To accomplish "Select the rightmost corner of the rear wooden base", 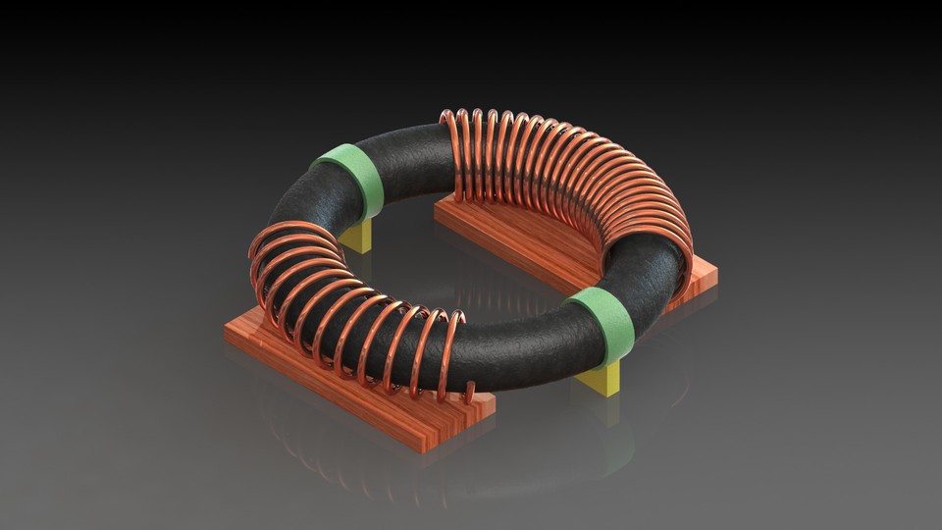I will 715,280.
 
